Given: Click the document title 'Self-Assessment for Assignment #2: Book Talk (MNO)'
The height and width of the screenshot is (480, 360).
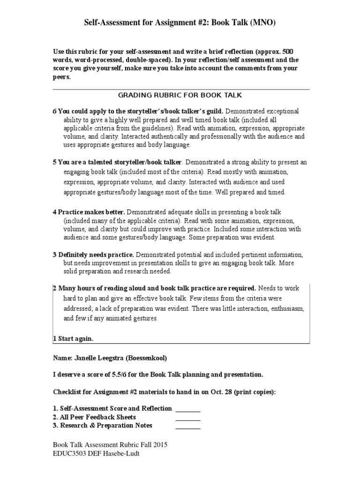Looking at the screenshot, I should click(x=180, y=22).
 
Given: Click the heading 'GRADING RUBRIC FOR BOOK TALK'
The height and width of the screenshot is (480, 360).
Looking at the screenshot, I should click(x=180, y=95).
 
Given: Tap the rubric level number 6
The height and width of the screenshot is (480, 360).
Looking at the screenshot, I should click(x=54, y=111).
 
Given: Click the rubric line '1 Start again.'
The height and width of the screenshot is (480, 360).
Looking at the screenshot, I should click(x=73, y=338).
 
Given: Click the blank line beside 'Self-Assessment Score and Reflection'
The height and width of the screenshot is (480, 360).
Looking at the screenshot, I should click(x=188, y=409).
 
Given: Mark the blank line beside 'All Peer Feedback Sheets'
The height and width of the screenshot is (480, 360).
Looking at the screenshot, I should click(x=188, y=417).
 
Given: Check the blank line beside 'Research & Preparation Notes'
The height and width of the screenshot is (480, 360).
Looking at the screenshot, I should click(x=188, y=426).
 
